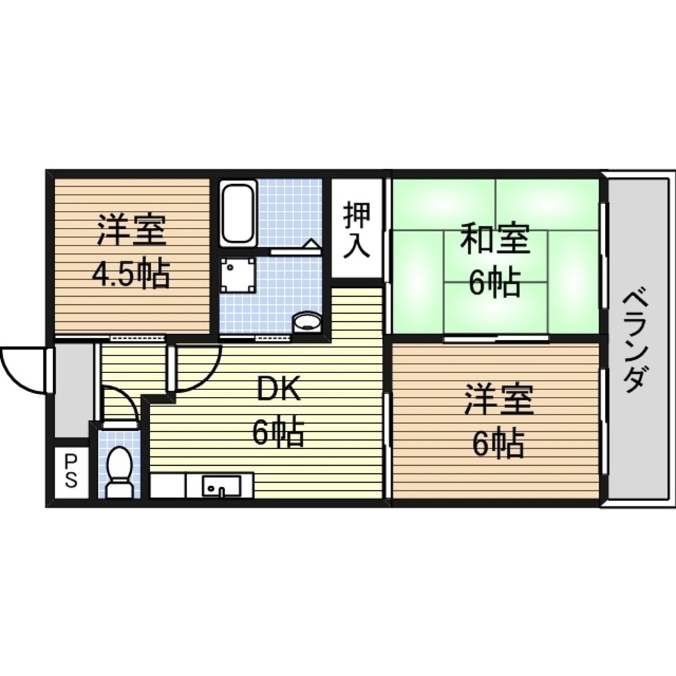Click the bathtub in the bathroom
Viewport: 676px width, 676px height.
(x=238, y=212)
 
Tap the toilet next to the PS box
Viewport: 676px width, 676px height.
(x=120, y=471)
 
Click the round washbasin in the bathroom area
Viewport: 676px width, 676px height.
(x=307, y=321)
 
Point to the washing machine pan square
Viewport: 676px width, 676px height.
(x=237, y=275)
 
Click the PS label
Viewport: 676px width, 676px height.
(x=71, y=470)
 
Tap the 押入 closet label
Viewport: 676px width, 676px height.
(x=356, y=230)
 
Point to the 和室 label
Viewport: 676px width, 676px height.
(x=495, y=241)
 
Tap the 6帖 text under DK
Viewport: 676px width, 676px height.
(x=278, y=433)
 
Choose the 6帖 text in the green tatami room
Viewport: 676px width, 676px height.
(x=495, y=284)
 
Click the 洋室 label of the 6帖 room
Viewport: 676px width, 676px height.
(x=499, y=401)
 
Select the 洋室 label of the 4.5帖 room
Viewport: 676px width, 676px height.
(x=131, y=231)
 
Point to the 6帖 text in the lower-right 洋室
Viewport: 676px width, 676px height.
(x=498, y=443)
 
